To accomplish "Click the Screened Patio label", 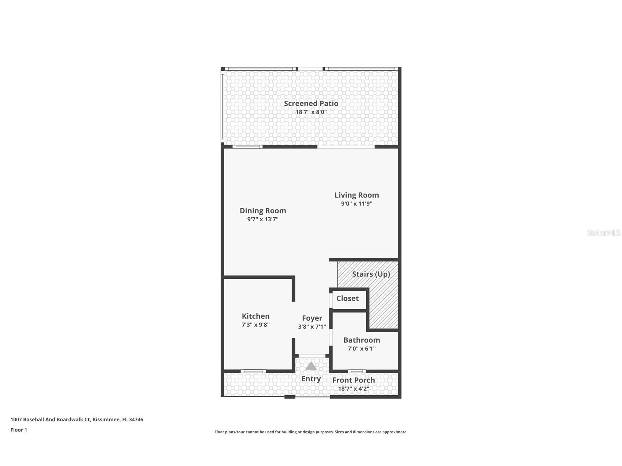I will pos(311,103).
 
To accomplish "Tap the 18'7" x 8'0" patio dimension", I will pos(311,112).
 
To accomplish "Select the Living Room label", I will pos(356,195).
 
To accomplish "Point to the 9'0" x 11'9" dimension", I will pos(356,204).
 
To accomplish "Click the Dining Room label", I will pos(262,211).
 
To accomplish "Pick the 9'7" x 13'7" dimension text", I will pos(262,219).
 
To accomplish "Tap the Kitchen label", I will pos(255,316).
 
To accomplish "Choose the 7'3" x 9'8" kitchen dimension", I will pos(255,325).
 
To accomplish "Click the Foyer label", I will pos(312,318).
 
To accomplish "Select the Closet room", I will pos(347,299).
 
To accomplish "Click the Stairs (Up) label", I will pos(371,274).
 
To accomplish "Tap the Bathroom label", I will pos(361,340).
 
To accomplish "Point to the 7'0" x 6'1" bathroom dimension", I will pos(361,349).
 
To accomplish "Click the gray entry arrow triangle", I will pos(311,366).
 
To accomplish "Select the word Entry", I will pos(311,379).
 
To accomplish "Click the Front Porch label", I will pos(353,380).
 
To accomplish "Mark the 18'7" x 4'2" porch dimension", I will pos(353,389).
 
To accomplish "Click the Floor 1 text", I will pos(19,430).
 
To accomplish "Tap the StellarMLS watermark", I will pos(603,233).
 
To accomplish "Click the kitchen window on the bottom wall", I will pos(253,371).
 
